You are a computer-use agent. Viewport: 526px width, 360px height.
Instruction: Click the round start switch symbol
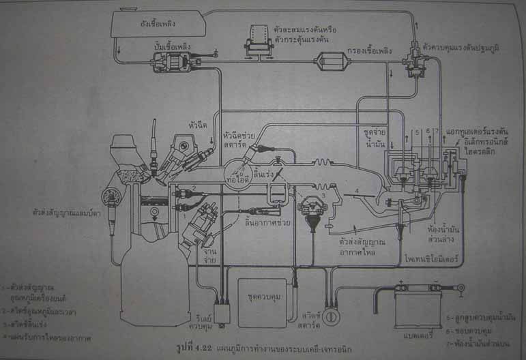pos(333,317)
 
